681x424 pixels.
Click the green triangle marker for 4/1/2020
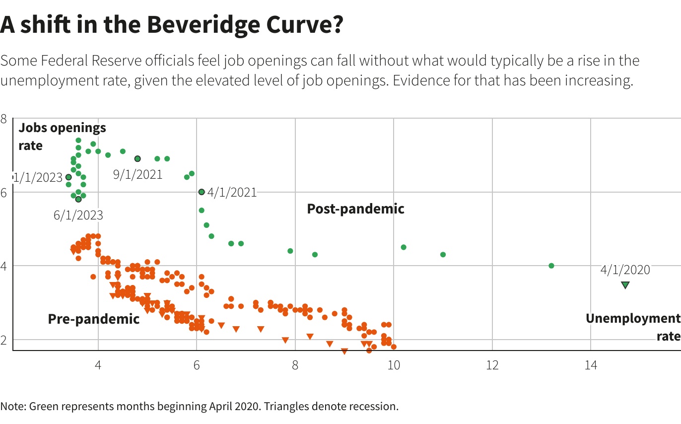point(625,285)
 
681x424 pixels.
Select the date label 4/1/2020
point(625,270)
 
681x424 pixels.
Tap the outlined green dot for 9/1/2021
point(137,159)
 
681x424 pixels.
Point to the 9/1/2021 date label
point(137,175)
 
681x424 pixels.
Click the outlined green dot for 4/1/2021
point(202,192)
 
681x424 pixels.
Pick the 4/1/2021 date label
point(232,193)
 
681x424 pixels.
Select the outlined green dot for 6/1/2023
point(78,199)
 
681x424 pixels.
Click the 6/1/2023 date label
point(78,215)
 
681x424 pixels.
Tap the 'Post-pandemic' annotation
point(355,209)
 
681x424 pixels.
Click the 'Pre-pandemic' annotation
point(94,319)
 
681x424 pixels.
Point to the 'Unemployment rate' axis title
point(632,327)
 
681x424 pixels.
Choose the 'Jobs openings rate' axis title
point(62,137)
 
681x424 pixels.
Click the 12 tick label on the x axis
point(492,366)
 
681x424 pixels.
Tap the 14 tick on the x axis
point(590,366)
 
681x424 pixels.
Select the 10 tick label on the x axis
point(394,366)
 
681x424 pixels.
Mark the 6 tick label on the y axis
point(4,193)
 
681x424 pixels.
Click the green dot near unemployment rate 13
point(551,266)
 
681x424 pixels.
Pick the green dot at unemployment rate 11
point(443,255)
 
